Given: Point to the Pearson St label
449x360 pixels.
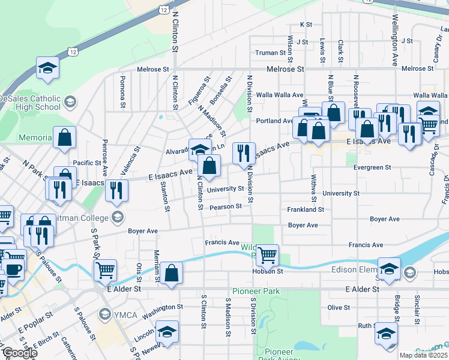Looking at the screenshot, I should click(x=226, y=206).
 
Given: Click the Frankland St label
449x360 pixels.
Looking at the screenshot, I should click(x=305, y=210).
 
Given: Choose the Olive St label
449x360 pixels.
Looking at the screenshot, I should click(x=339, y=307).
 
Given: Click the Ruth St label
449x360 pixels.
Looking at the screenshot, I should click(x=366, y=326).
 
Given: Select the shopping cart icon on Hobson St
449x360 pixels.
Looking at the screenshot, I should click(x=267, y=254).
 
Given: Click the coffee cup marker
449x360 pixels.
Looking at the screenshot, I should click(x=13, y=268).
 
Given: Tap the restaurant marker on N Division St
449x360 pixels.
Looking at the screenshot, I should click(x=244, y=153).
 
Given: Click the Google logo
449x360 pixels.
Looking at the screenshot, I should click(x=19, y=353).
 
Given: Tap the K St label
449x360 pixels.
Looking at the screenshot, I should click(x=306, y=25).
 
